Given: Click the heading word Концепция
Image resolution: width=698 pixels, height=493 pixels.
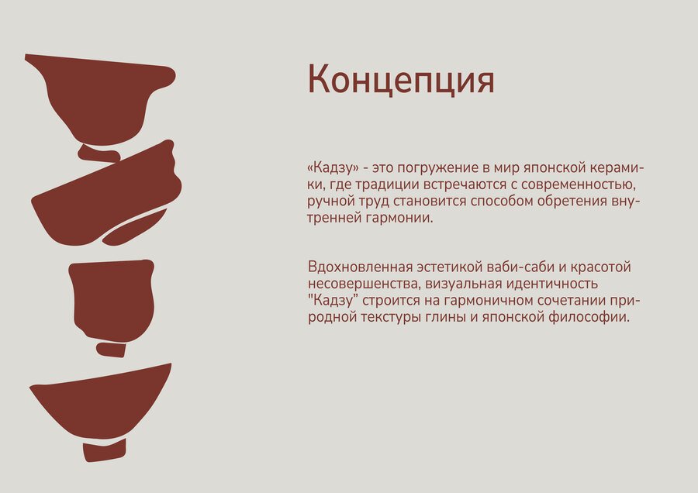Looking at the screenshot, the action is pyautogui.click(x=401, y=80).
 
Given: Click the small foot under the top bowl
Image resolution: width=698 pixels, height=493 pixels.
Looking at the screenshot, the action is pyautogui.click(x=98, y=153).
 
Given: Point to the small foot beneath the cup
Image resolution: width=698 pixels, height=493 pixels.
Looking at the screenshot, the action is pyautogui.click(x=111, y=350).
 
